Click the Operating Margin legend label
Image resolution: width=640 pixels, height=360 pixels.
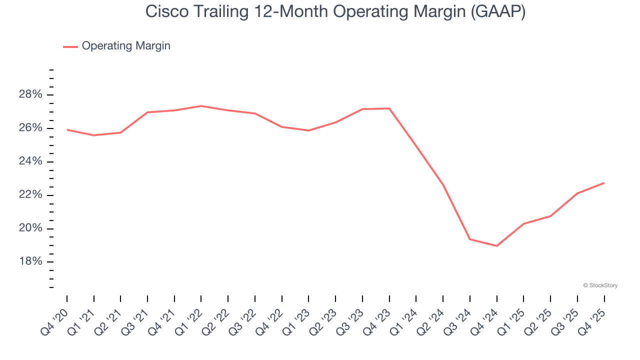[126, 46]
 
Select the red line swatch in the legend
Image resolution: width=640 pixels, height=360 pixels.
[70, 46]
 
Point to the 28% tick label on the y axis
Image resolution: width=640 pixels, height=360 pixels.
[30, 95]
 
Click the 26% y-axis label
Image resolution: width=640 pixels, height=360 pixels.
[30, 128]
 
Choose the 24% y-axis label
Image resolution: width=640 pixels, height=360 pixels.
[30, 162]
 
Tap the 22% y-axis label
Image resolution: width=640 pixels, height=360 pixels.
[30, 195]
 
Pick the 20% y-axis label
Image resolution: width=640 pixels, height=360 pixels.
[30, 228]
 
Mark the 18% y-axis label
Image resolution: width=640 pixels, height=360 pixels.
[30, 262]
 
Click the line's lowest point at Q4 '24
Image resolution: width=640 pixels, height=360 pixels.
[496, 246]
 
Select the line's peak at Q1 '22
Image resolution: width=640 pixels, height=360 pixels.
[201, 106]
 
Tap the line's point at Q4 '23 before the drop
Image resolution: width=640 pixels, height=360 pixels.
[389, 108]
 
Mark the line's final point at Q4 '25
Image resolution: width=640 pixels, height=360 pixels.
[604, 183]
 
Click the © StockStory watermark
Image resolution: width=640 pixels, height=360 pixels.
[600, 285]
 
